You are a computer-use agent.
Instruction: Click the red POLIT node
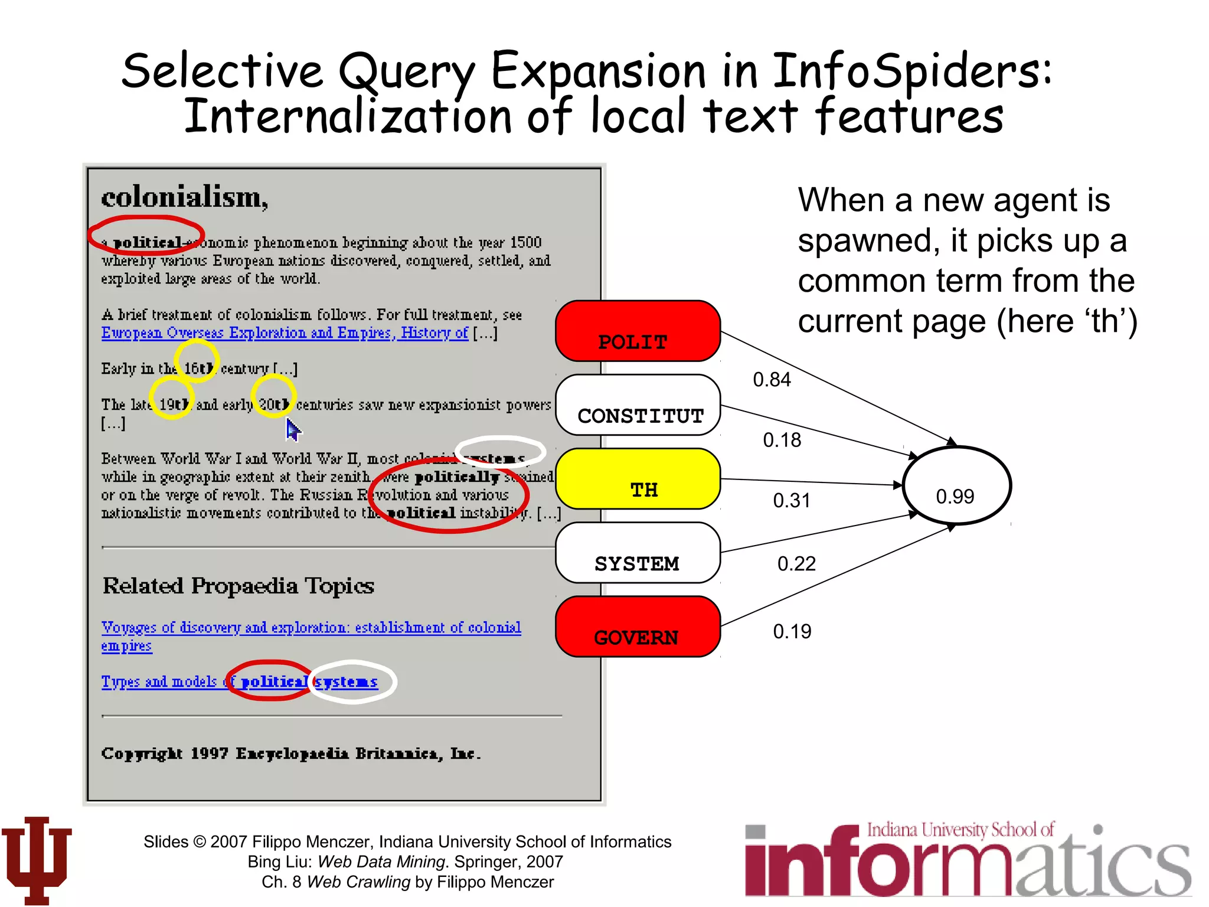(638, 331)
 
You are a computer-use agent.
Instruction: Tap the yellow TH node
(638, 479)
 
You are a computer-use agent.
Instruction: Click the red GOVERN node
(638, 627)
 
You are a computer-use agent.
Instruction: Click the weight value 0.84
(772, 380)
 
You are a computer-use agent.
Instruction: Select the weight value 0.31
(792, 501)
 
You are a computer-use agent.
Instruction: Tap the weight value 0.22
(796, 564)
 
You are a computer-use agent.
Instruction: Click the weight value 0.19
(792, 632)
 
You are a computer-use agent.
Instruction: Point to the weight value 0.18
(782, 441)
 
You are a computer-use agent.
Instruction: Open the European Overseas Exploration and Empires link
(285, 333)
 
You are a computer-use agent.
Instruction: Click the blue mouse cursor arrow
(293, 429)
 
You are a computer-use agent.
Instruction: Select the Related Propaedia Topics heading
(238, 586)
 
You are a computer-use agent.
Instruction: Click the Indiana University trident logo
(37, 860)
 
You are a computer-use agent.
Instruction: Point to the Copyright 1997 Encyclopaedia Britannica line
(291, 754)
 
